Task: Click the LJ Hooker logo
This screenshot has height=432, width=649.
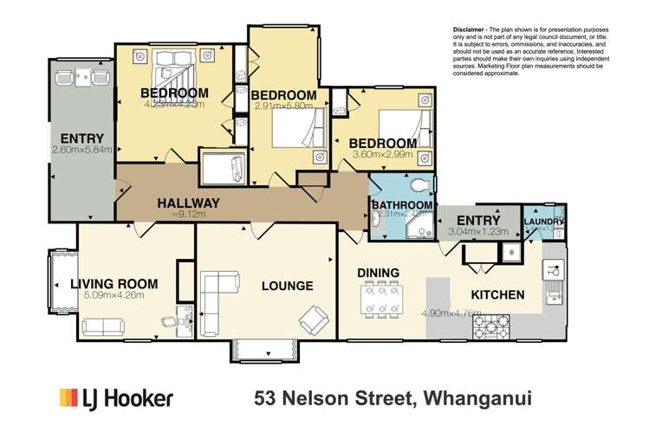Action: [116, 397]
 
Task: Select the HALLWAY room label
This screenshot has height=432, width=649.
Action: [188, 203]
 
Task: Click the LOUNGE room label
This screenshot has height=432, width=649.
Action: [286, 286]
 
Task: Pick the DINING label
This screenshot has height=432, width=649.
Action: [379, 273]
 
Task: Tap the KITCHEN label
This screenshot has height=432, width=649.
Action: [497, 294]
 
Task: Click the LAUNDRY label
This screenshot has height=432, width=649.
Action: [543, 222]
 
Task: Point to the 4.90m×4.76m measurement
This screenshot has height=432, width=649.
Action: [451, 313]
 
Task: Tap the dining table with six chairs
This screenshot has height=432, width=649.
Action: [381, 300]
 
